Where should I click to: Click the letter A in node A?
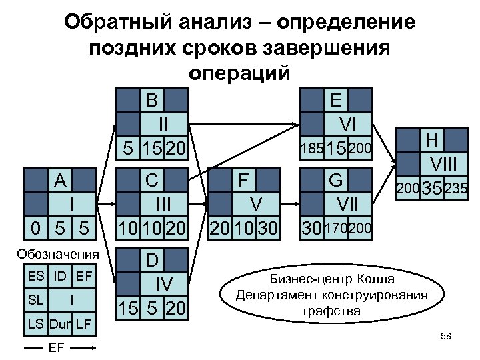coord(61,181)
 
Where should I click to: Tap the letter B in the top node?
coord(152,101)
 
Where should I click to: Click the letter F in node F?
coord(243,181)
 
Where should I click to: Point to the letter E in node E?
coord(336,101)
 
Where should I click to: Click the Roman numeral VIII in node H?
coord(444,163)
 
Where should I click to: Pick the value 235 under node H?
coord(457,189)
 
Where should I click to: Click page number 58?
coord(446,337)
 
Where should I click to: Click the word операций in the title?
coord(239,73)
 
